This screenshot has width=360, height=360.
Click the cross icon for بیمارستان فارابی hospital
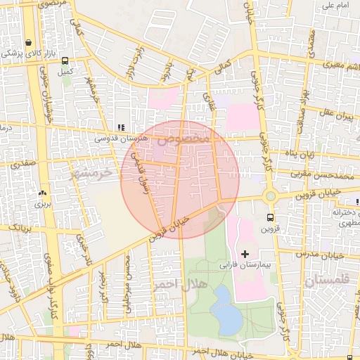click(x=245, y=253)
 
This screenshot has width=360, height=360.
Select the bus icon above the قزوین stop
click(x=270, y=217)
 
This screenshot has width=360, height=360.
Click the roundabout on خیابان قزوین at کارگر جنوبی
click(x=270, y=196)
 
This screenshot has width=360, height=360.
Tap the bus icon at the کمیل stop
click(x=65, y=61)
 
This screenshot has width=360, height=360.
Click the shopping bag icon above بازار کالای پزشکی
click(x=27, y=42)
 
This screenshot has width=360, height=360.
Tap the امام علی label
click(x=335, y=6)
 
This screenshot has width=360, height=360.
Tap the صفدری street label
click(x=22, y=162)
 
